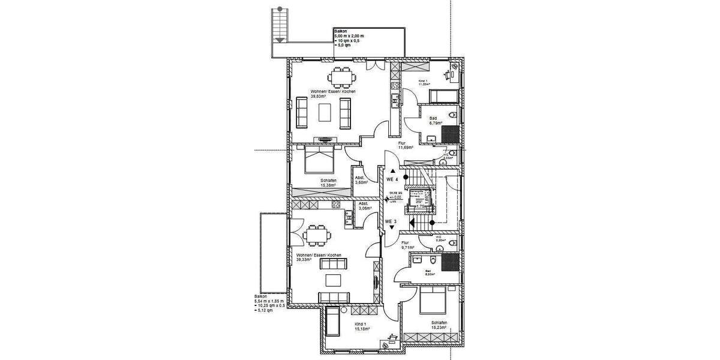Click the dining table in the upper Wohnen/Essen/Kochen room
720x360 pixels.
coord(343,77)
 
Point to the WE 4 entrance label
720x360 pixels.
coord(391,179)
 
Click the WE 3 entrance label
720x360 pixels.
coord(391,221)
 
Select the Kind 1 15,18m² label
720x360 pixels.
coord(360,326)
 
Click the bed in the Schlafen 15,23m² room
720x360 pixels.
coord(434,301)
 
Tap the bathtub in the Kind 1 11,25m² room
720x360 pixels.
coord(444,96)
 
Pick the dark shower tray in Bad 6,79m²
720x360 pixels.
coord(452,133)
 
